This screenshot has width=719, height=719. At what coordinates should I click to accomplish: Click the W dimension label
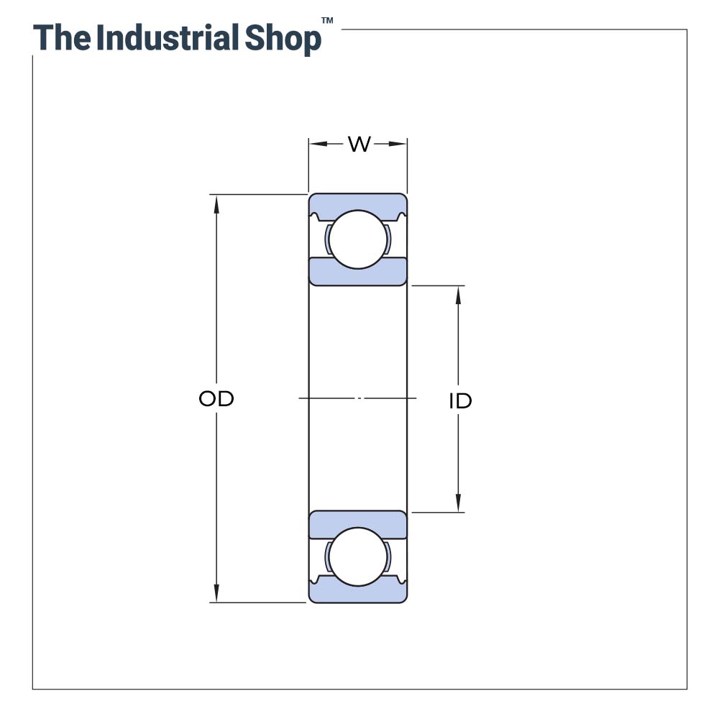(359, 144)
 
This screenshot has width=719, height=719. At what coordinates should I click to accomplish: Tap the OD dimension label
(216, 399)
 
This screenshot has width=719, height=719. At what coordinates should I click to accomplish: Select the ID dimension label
(460, 401)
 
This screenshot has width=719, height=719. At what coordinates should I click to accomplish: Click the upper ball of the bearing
(358, 239)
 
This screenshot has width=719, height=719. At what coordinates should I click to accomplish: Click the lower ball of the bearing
(358, 557)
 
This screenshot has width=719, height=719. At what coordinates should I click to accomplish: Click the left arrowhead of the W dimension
(316, 144)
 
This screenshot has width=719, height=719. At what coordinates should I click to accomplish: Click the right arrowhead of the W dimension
(400, 144)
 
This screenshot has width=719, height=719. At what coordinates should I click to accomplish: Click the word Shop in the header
(283, 40)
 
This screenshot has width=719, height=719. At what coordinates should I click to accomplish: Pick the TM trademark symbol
(327, 22)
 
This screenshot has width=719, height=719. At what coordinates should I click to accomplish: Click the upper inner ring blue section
(358, 272)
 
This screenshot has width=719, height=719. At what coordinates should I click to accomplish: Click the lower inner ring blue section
(358, 523)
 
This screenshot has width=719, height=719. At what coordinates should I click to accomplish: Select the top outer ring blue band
(358, 202)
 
